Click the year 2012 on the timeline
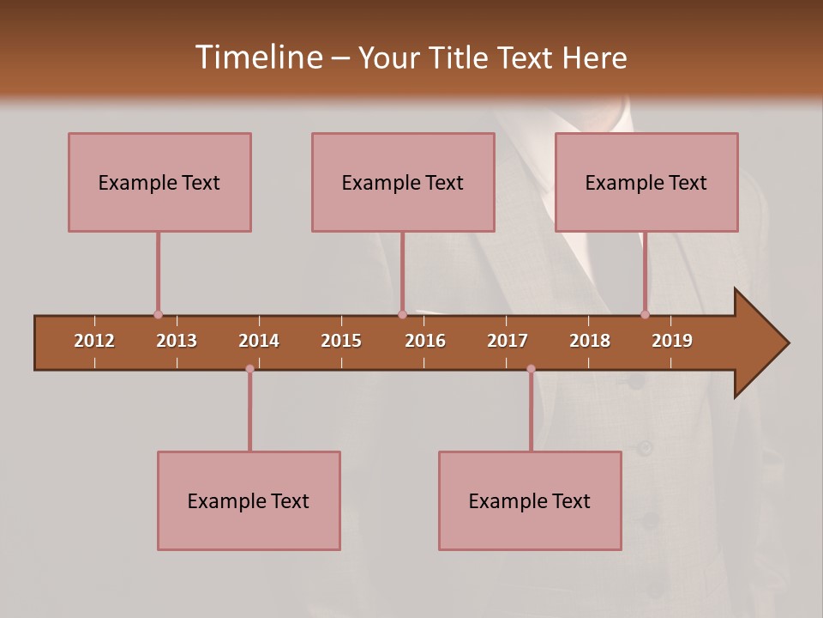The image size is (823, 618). tap(94, 341)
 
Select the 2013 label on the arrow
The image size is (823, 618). tap(177, 341)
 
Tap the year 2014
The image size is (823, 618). tap(259, 341)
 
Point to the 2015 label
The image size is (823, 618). tap(341, 341)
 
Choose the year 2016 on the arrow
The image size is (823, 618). tap(425, 341)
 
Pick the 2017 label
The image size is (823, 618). tap(508, 341)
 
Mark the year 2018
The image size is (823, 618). tap(590, 341)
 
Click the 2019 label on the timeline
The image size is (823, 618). tap(672, 341)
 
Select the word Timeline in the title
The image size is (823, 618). tap(260, 58)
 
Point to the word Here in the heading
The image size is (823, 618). tap(594, 58)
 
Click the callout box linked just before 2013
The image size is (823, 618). tap(159, 182)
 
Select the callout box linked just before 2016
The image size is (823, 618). tap(403, 182)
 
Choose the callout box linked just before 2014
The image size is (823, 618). tap(249, 500)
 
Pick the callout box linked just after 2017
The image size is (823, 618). tap(530, 500)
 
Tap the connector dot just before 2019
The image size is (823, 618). tap(646, 314)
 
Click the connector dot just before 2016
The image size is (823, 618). tap(402, 314)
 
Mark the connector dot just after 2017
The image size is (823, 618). tap(531, 369)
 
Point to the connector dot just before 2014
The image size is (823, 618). tap(249, 369)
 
